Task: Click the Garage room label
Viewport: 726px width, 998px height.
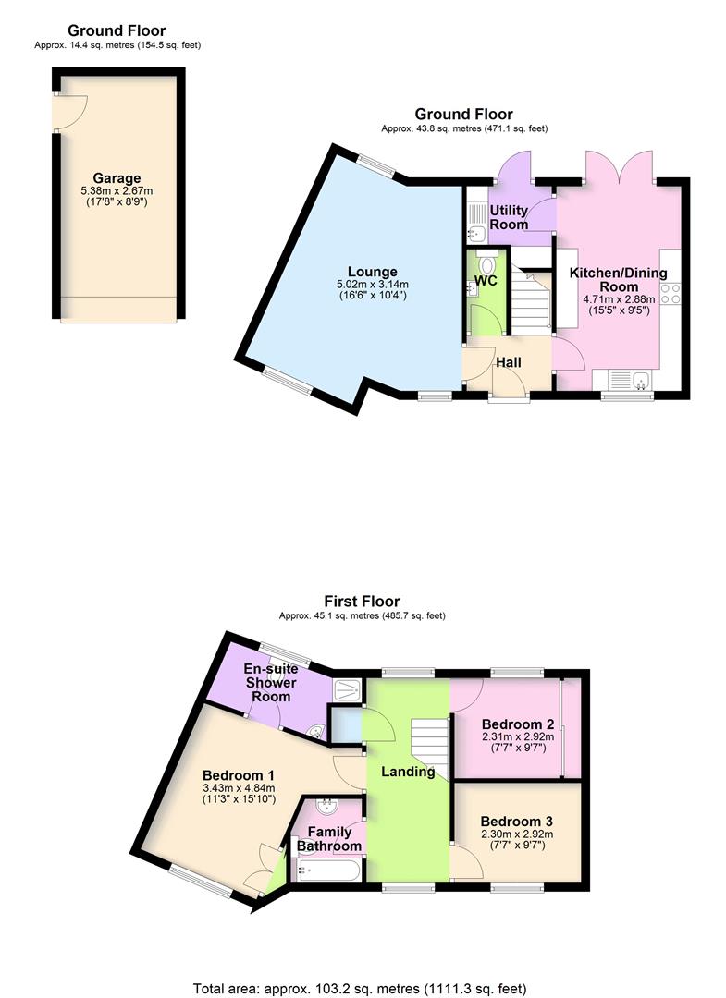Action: (x=117, y=178)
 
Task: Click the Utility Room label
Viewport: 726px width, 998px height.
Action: (x=509, y=217)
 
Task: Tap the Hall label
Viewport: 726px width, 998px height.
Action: (x=510, y=362)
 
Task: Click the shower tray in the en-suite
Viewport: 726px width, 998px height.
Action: (x=348, y=688)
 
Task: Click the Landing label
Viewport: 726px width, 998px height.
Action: (x=408, y=771)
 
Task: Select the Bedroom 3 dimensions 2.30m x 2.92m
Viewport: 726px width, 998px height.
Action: (x=517, y=834)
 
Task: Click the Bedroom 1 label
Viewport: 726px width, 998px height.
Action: (x=239, y=774)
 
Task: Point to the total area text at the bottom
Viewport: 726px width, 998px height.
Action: (x=362, y=987)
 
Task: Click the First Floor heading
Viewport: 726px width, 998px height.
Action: (x=362, y=602)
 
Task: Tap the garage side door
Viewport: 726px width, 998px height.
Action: (x=67, y=114)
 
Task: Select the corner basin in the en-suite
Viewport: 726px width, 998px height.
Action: (x=317, y=732)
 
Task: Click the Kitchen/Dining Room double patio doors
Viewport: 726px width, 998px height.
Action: (x=605, y=166)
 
